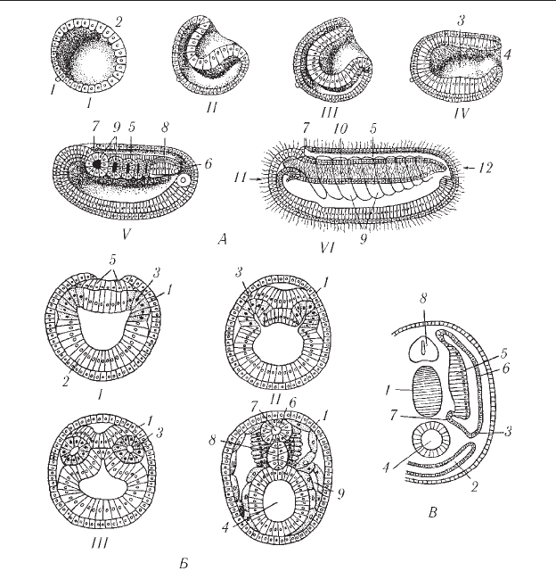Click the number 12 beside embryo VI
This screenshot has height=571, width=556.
[486, 168]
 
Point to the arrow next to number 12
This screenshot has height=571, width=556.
[470, 168]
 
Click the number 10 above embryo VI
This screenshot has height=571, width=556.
[340, 128]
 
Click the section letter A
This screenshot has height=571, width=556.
[222, 239]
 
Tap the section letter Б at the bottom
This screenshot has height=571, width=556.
[184, 563]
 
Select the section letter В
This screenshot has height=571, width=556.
[433, 513]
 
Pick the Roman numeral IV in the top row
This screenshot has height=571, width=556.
[461, 113]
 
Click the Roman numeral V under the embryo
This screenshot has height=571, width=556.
[126, 235]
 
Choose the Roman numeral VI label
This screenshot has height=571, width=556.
[328, 248]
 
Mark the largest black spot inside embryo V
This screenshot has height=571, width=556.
[97, 164]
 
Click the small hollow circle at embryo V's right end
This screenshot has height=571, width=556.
[184, 179]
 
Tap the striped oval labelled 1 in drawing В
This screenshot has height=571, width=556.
[427, 392]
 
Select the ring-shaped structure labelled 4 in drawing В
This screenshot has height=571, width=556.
[431, 442]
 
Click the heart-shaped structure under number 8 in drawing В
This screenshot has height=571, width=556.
[422, 347]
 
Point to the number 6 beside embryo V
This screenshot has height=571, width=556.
[208, 163]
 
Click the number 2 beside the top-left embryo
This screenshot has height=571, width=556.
[119, 22]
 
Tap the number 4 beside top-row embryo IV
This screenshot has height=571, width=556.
[507, 54]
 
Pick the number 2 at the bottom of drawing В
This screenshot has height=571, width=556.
[474, 486]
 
